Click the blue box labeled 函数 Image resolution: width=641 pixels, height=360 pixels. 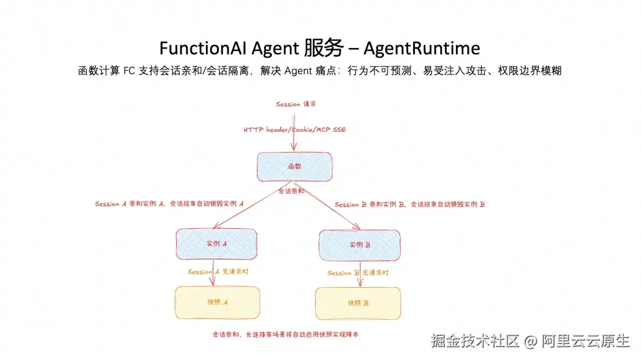click(x=294, y=167)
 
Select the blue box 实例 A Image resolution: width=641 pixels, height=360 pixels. click(x=216, y=244)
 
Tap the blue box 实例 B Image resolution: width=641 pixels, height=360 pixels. click(x=360, y=245)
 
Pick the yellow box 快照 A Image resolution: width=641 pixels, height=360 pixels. click(x=217, y=302)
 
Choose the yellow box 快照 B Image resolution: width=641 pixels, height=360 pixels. click(x=358, y=303)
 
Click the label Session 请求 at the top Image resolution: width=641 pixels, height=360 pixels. click(x=296, y=104)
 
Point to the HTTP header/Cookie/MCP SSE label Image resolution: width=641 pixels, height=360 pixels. click(x=295, y=129)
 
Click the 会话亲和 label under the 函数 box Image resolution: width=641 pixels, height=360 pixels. click(x=291, y=191)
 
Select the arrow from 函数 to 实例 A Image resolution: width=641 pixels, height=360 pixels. click(x=252, y=205)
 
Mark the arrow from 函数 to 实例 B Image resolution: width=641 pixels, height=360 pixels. click(x=327, y=206)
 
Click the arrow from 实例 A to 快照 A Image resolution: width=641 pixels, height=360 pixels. click(x=212, y=273)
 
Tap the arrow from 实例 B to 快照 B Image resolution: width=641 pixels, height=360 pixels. click(x=360, y=274)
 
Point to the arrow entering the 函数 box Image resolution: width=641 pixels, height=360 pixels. click(x=294, y=132)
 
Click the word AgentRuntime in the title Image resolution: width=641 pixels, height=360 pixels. click(x=422, y=48)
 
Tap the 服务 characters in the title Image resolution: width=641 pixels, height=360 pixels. click(x=323, y=48)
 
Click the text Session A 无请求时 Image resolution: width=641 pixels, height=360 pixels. click(x=218, y=272)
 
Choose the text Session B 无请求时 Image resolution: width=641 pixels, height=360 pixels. click(x=358, y=273)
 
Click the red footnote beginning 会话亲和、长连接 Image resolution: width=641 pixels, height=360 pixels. click(x=285, y=334)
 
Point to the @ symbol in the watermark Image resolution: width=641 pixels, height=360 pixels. click(x=530, y=341)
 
